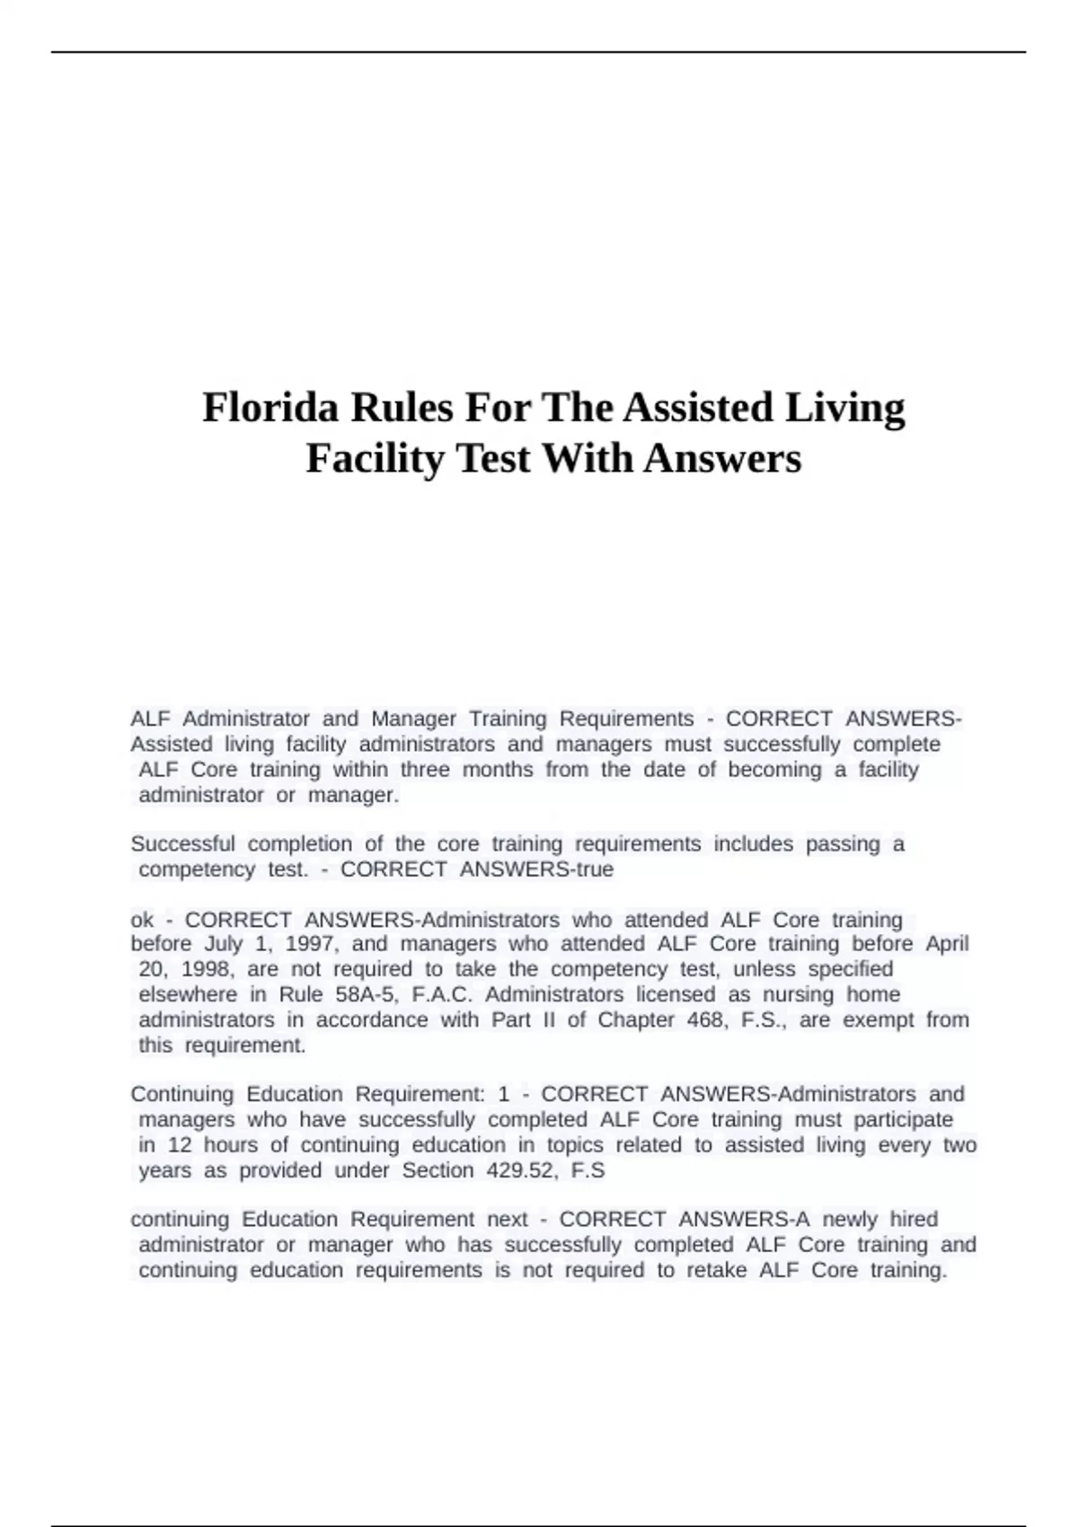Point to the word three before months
point(425,770)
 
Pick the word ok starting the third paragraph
point(142,920)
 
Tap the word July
point(224,944)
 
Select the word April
point(947,944)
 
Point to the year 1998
point(206,969)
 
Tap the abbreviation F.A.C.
point(442,994)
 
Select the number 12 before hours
point(180,1145)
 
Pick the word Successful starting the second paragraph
point(182,844)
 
